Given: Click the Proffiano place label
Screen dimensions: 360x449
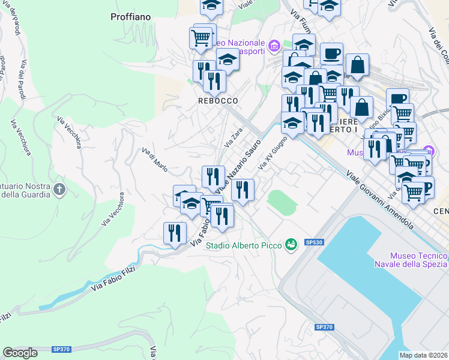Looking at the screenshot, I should pos(130,17).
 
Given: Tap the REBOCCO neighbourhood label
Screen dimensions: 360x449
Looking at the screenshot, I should pos(218,101).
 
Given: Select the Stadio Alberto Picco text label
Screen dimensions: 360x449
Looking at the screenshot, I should pos(245,245).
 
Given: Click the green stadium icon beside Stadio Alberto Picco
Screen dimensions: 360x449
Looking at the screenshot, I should pos(291,244).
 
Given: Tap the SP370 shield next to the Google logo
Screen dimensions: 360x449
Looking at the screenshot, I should pos(61,349).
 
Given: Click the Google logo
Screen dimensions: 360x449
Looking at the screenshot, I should pos(20,353).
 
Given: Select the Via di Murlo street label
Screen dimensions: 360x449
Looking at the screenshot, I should pos(155,157).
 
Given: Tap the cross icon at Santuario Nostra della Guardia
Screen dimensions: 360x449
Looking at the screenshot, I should pos(59,190).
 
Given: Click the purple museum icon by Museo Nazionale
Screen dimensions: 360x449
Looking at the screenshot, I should pos(274,46).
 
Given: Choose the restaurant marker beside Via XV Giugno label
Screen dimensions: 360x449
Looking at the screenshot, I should pos(243,190).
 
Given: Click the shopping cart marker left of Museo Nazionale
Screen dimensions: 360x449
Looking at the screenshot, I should pos(200,38).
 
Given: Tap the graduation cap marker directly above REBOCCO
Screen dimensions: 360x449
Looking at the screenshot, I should pos(228,60).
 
